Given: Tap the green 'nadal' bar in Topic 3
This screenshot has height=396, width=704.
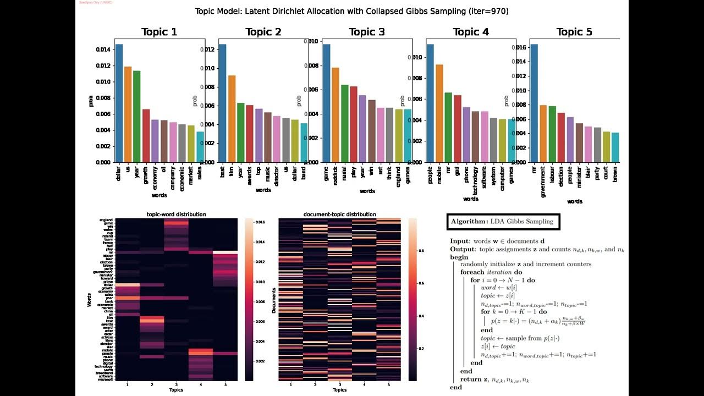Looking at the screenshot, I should coord(344,124).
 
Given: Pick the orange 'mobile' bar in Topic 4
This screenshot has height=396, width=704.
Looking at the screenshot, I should coord(439,113).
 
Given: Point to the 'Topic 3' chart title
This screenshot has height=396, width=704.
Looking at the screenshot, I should coord(367,32).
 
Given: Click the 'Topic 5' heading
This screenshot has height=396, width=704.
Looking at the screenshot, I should coord(574,32).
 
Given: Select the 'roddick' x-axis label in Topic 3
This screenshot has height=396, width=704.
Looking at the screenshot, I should coord(335,176).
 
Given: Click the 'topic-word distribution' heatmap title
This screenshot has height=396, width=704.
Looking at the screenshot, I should coord(177,214).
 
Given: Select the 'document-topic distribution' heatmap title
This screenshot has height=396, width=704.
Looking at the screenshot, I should coord(339,214).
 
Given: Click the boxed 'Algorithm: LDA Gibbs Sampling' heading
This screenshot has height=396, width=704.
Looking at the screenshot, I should coord(503,222).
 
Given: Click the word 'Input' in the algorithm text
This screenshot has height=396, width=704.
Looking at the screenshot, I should coord(460,241).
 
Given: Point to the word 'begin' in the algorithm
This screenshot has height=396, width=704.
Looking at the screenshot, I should coord(459,257).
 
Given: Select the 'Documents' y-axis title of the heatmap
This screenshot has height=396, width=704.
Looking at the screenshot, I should coord(273,300).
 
